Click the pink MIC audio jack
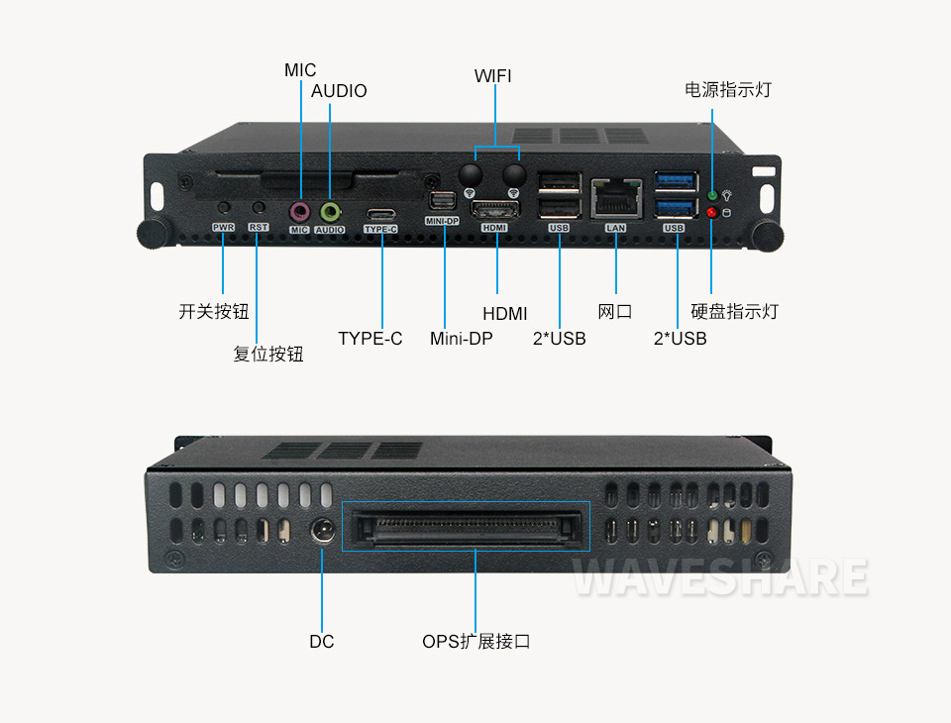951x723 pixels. (x=300, y=212)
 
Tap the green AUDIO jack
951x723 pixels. (x=330, y=212)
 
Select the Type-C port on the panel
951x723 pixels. (x=380, y=215)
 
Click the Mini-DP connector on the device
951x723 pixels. (x=442, y=203)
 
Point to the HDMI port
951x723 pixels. (x=495, y=211)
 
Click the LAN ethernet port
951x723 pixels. (x=616, y=198)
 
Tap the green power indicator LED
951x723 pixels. (x=712, y=196)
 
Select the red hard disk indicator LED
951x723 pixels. (x=712, y=213)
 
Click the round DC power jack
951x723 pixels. (x=323, y=531)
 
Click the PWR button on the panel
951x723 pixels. (x=224, y=207)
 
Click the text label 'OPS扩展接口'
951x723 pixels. (x=476, y=641)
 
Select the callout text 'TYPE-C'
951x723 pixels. (x=370, y=339)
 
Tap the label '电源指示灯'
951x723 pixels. (x=728, y=90)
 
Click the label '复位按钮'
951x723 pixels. (x=268, y=354)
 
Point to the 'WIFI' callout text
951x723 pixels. (x=492, y=76)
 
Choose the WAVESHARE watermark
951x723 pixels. (x=720, y=576)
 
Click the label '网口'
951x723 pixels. (x=615, y=312)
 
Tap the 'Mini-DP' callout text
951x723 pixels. (x=461, y=339)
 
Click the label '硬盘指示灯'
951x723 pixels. (x=734, y=312)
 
